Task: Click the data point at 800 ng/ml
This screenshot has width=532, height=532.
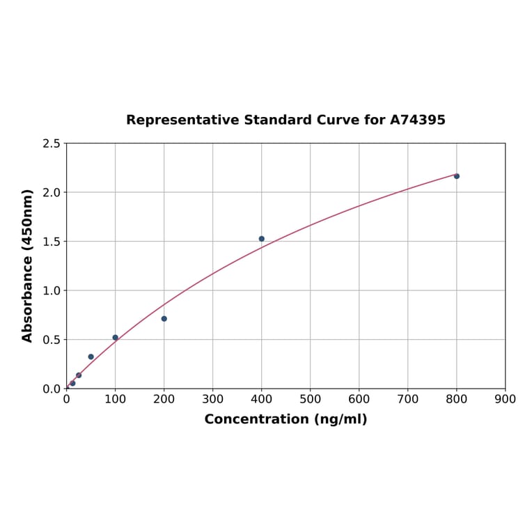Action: click(x=457, y=176)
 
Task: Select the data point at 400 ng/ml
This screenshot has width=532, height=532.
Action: click(x=262, y=239)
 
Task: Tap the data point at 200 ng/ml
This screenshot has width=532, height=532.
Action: click(x=164, y=319)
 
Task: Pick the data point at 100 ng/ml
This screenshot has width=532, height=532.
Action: click(x=116, y=338)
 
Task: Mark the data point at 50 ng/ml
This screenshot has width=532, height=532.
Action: click(x=91, y=357)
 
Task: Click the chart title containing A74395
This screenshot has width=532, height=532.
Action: click(x=285, y=120)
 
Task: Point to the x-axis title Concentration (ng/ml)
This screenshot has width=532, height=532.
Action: click(x=285, y=419)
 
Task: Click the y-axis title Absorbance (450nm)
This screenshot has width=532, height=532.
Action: click(x=28, y=265)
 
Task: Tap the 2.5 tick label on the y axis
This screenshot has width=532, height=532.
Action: click(x=51, y=143)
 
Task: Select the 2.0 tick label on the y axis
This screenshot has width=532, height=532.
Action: click(x=51, y=192)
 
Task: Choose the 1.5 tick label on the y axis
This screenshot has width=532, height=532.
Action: click(x=51, y=242)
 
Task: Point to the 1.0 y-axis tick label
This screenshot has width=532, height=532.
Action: click(x=51, y=290)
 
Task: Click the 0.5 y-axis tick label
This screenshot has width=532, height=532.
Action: click(x=51, y=340)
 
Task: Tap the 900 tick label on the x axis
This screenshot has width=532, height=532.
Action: click(x=506, y=399)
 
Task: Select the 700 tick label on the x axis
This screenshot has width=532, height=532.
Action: click(x=408, y=399)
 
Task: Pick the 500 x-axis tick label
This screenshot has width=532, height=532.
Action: click(x=311, y=399)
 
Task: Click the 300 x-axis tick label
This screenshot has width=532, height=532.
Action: click(x=213, y=399)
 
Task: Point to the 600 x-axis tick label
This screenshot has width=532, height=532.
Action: click(x=359, y=399)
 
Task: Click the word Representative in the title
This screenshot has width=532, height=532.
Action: click(x=182, y=120)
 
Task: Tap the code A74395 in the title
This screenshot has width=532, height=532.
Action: click(x=417, y=120)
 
